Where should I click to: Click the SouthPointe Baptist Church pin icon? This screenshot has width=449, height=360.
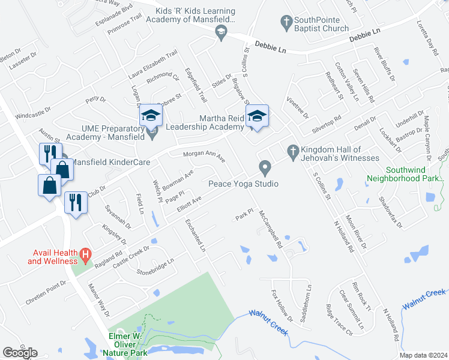tap(286, 23)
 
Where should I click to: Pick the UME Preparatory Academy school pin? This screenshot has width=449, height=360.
tap(151, 131)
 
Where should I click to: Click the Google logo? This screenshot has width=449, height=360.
tap(20, 353)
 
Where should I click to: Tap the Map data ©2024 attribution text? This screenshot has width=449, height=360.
tap(424, 355)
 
